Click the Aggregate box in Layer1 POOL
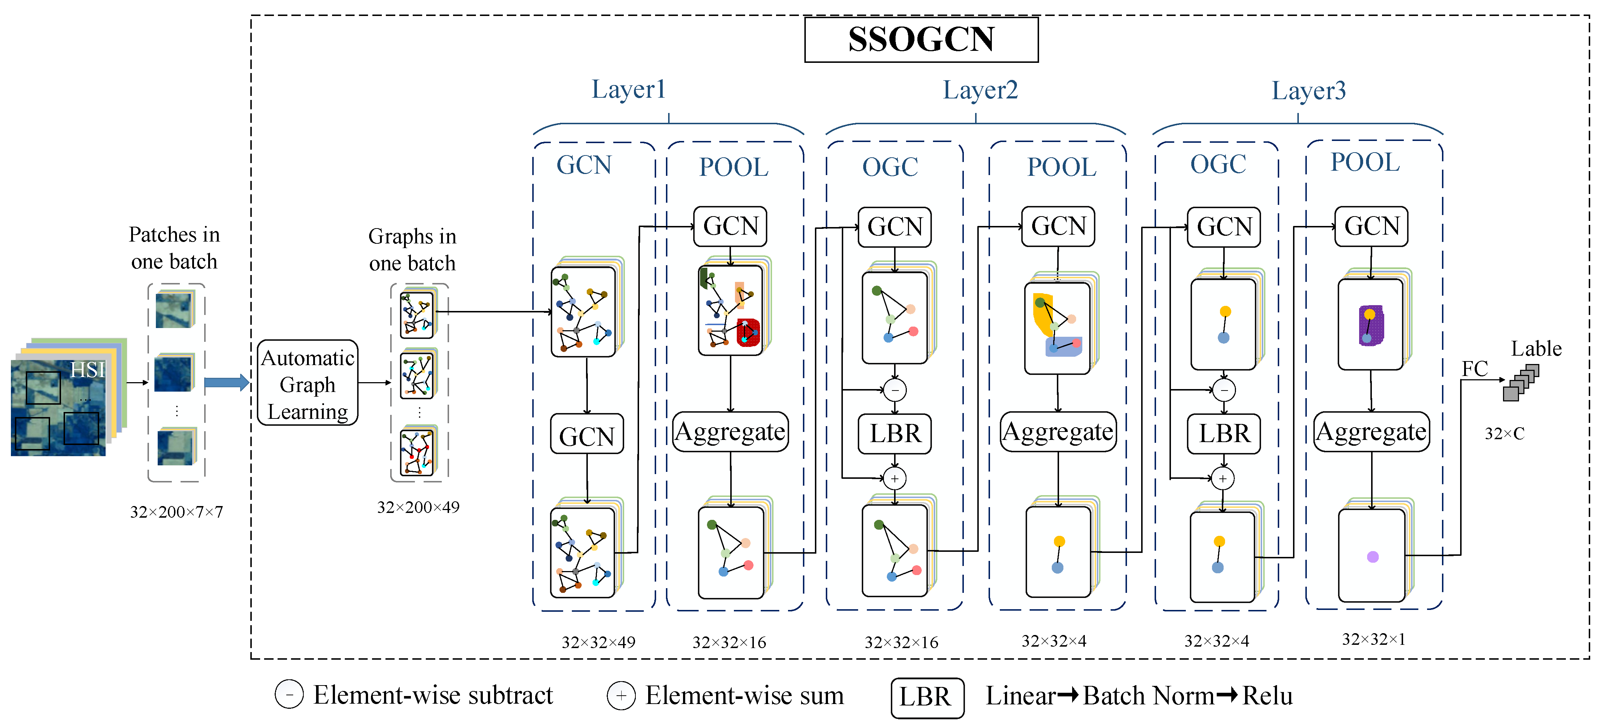pos(730,432)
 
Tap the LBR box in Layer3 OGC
pos(1224,433)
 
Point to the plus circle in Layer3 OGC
pos(1223,479)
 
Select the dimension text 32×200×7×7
pos(176,512)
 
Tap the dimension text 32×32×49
pos(598,642)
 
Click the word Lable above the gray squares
pos(1536,348)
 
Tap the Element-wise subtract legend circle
pos(289,695)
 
